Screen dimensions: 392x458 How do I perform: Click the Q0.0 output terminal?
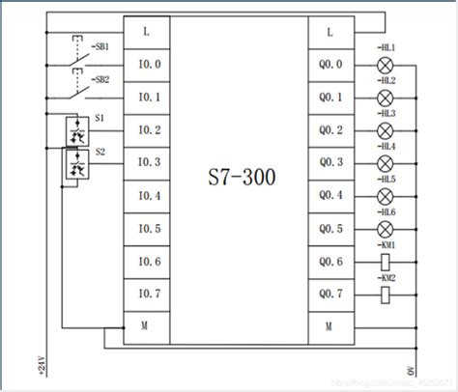pyautogui.click(x=330, y=65)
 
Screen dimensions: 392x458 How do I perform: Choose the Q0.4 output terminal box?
pyautogui.click(x=330, y=196)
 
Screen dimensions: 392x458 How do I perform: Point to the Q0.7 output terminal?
pyautogui.click(x=330, y=294)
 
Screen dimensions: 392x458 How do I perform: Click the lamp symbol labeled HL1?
pyautogui.click(x=385, y=65)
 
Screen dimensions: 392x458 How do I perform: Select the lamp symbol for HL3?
pyautogui.click(x=385, y=130)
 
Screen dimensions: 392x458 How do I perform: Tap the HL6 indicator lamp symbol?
pyautogui.click(x=385, y=228)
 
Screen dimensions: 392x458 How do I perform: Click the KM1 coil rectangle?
pyautogui.click(x=385, y=261)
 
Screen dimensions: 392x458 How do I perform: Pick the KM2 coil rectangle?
pyautogui.click(x=385, y=294)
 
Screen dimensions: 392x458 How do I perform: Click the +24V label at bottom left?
pyautogui.click(x=41, y=366)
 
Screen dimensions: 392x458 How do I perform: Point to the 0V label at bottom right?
pyautogui.click(x=410, y=370)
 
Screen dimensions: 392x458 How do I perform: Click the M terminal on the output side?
pyautogui.click(x=330, y=326)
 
